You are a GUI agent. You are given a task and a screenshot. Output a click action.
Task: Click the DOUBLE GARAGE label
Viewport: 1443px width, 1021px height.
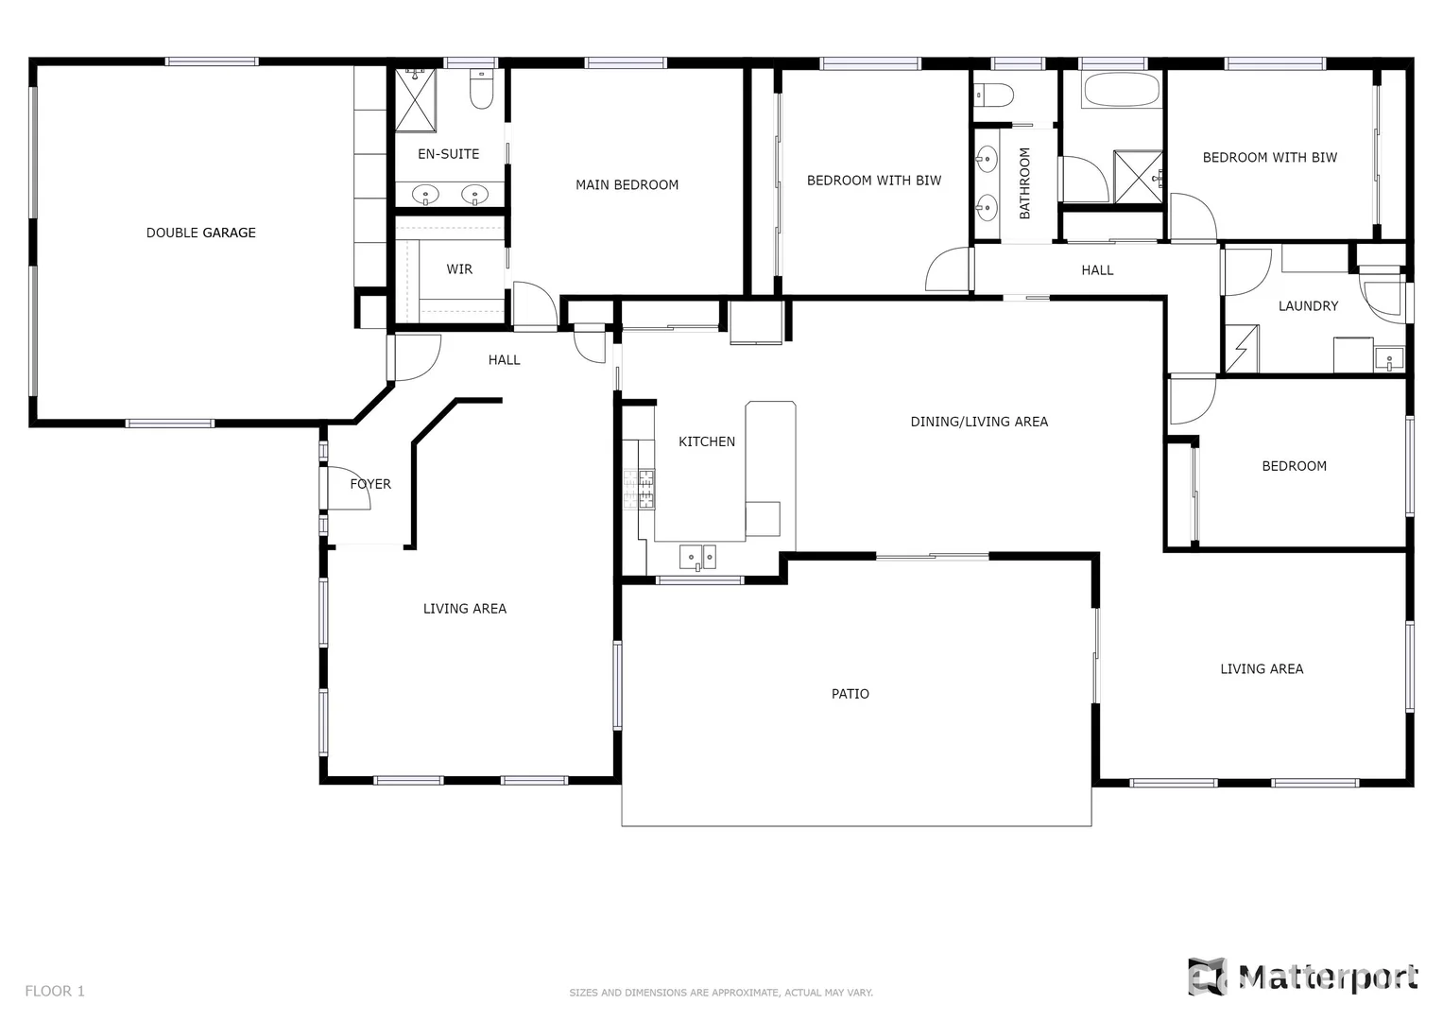coord(200,233)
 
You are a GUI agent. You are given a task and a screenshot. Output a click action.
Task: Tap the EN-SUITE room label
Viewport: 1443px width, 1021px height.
coord(448,154)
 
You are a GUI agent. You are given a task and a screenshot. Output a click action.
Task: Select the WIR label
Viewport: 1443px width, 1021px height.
coord(459,269)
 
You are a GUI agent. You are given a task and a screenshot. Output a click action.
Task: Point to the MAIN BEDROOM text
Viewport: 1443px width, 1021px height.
coord(627,185)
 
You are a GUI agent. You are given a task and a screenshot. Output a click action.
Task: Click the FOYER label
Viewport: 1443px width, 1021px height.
coord(370,484)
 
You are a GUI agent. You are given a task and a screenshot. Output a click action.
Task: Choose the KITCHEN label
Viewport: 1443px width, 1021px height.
coord(706,441)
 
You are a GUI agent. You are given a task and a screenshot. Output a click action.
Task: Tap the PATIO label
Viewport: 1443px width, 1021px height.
coord(850,694)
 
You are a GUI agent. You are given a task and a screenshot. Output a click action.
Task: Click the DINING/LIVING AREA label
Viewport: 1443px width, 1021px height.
coord(979,422)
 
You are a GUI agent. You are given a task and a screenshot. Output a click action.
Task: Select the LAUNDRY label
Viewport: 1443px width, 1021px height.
coord(1308,306)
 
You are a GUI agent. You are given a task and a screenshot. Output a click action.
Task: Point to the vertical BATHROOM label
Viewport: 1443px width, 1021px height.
coord(1024,183)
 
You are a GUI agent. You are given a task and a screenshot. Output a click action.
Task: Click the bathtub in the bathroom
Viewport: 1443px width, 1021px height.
coord(1121,92)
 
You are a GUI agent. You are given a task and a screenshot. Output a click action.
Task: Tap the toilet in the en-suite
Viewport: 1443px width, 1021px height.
coord(482,90)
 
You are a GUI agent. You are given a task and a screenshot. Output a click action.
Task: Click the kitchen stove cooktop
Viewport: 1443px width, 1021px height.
coord(640,489)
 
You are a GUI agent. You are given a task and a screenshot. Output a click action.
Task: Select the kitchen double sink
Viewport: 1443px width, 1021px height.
coord(697,558)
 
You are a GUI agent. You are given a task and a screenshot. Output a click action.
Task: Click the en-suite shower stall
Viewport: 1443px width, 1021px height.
coord(416,98)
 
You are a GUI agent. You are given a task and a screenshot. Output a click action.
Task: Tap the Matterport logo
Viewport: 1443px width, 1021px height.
coord(1303,977)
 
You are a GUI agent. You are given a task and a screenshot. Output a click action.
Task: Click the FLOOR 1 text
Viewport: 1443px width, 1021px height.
coord(55,991)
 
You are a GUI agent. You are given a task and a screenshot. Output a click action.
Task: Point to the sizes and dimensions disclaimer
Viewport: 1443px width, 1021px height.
coord(720,993)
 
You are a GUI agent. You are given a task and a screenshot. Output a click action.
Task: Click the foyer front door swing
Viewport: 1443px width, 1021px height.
coord(347,488)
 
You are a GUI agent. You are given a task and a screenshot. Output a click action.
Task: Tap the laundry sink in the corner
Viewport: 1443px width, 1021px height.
coord(1388,359)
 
